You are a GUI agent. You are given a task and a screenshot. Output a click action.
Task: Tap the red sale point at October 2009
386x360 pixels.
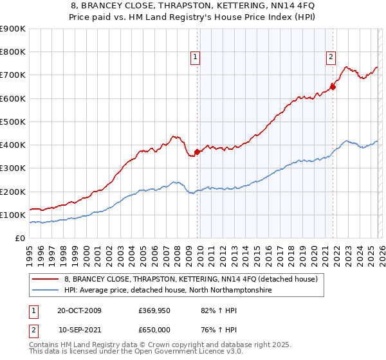[x=198, y=152]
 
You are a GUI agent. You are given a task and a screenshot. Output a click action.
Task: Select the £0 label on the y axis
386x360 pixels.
[x=20, y=238]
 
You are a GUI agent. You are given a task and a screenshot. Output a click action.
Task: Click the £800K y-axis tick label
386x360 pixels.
[x=14, y=52]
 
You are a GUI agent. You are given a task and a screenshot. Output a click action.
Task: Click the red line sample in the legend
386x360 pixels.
[x=46, y=280]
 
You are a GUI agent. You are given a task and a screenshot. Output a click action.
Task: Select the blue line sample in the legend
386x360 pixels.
[x=46, y=291]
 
